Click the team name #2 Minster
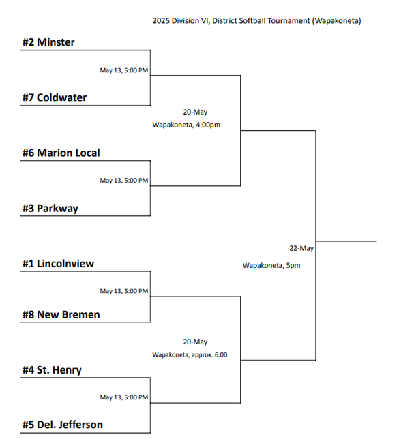coord(48,42)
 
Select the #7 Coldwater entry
coord(55,97)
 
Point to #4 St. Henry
coord(52,369)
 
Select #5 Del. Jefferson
coord(62,425)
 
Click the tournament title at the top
coord(256,21)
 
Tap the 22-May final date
coord(301,248)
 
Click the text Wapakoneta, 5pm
coord(271,265)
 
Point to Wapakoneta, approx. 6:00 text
coord(190,354)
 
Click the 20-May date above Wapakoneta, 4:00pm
coord(195,112)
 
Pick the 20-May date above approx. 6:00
coord(195,342)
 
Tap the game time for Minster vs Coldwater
coord(123,70)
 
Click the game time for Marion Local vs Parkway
coord(123,181)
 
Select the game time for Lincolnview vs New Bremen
coord(123,291)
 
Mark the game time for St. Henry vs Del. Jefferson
coord(123,397)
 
